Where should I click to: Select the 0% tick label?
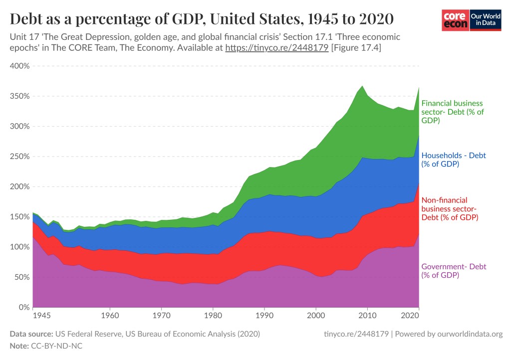coord(23,307)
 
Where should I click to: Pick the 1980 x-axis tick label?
coord(213,316)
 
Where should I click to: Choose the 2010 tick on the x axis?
coord(367,316)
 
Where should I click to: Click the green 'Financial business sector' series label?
coord(452,112)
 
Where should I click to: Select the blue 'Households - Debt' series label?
coord(454,160)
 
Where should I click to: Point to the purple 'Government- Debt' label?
coord(454,271)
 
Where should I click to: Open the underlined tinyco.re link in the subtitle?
coord(276,48)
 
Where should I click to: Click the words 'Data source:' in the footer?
coord(30,334)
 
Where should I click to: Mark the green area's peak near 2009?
coord(362,87)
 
